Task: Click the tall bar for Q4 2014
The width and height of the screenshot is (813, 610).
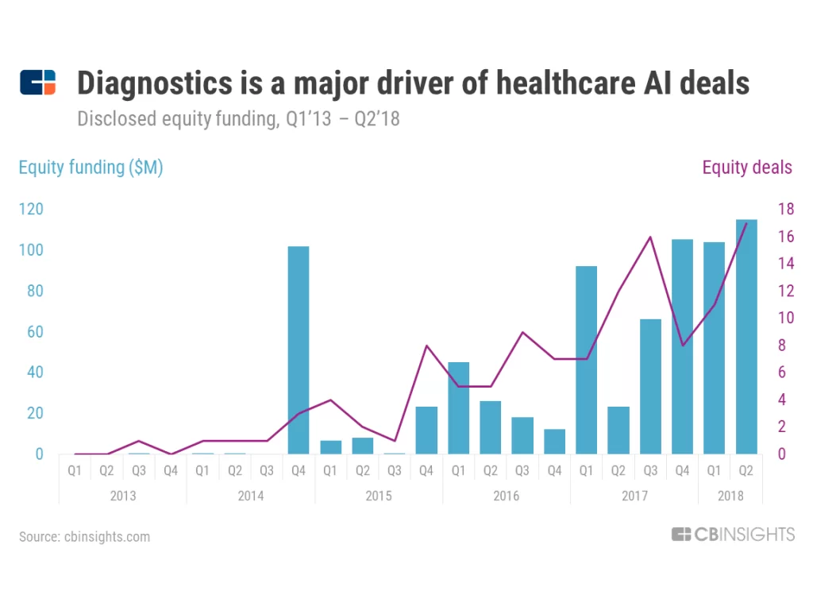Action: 299,349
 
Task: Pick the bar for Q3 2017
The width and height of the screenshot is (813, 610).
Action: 650,386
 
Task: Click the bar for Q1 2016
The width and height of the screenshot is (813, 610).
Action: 458,407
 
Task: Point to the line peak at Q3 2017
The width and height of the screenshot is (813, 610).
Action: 650,237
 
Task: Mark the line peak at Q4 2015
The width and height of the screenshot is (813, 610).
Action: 426,346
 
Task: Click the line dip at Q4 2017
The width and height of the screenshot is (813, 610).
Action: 683,346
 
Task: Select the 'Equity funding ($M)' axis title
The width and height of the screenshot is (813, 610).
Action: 91,168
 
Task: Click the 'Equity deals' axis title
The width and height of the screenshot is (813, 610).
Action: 746,168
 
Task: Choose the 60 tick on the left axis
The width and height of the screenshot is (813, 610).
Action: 34,332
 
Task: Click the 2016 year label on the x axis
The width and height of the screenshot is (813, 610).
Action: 506,496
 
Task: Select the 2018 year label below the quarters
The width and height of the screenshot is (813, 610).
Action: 730,496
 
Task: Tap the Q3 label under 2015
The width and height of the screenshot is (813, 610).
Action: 395,470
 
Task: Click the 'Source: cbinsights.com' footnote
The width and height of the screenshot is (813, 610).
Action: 84,537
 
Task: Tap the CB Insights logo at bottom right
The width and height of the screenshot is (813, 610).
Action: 732,535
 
